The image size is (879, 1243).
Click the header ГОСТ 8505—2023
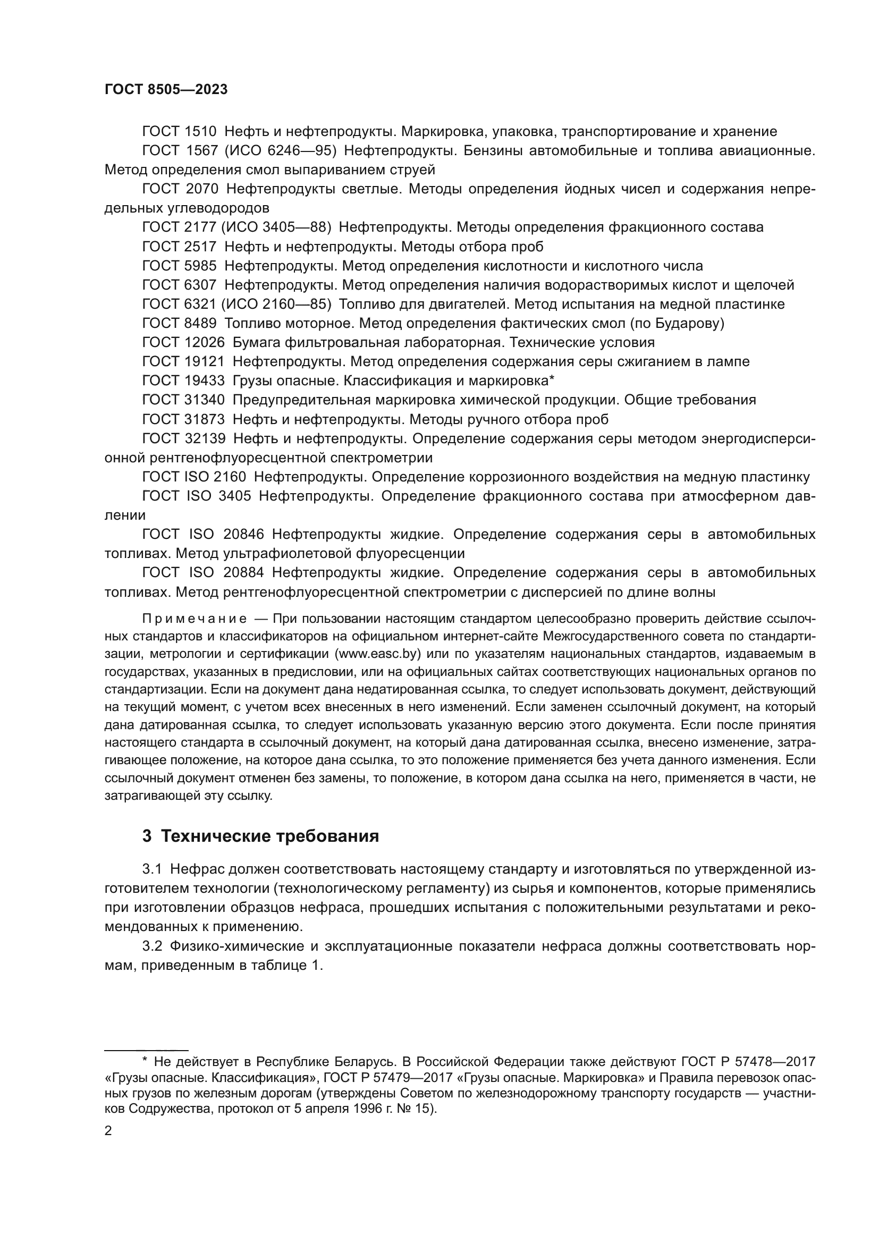[x=166, y=90]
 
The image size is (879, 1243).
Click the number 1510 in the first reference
[x=201, y=132]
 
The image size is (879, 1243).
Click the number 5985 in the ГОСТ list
[x=201, y=266]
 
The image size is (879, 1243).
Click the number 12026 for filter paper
[x=205, y=343]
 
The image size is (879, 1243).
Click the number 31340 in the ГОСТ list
[x=205, y=400]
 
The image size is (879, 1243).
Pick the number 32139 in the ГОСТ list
[x=205, y=438]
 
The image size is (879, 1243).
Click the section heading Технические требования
[x=270, y=836]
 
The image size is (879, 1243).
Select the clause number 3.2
[x=152, y=946]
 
